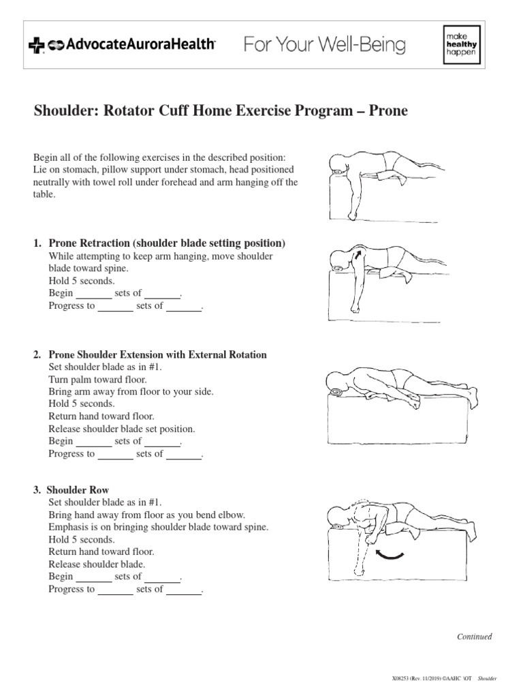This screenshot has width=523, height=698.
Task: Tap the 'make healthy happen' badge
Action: [x=457, y=46]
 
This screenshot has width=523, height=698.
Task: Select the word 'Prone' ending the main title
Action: [x=388, y=110]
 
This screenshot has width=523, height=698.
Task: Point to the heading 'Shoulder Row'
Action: [x=79, y=490]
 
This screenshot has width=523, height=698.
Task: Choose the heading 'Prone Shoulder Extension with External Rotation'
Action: [x=158, y=354]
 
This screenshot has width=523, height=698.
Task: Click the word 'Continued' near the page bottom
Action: [x=474, y=637]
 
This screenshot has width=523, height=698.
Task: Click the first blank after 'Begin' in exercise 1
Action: [x=93, y=293]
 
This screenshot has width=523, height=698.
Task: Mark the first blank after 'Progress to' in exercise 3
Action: [x=115, y=590]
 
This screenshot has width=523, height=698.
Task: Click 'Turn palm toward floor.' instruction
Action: [x=97, y=379]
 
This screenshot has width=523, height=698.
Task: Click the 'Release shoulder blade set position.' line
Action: [x=122, y=429]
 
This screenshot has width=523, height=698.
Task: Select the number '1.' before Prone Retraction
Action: [x=37, y=243]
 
